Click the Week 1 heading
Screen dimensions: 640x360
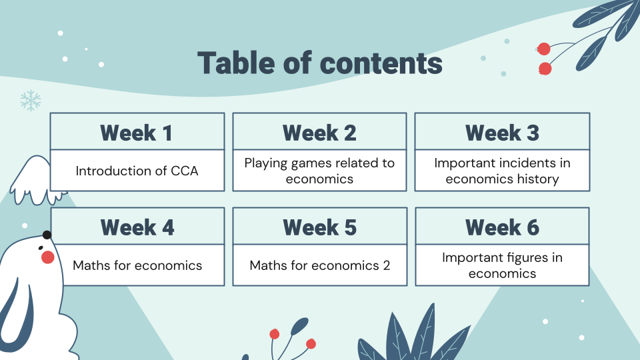tap(136, 133)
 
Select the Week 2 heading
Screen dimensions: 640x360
tap(319, 133)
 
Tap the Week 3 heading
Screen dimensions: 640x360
tap(502, 133)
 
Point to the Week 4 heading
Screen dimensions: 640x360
tap(137, 227)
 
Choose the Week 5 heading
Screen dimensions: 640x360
tap(319, 227)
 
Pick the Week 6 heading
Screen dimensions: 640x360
tap(502, 227)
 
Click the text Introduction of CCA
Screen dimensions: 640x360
tap(137, 171)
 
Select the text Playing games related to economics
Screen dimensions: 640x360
tap(319, 171)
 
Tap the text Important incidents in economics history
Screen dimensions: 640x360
tap(502, 171)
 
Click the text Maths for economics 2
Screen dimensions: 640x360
tap(319, 265)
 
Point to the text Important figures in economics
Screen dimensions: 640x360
tap(502, 265)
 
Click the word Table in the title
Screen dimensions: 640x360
tap(235, 63)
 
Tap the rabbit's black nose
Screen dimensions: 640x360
tap(47, 235)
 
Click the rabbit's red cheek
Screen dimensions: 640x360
tap(48, 257)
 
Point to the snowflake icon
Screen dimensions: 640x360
tap(31, 101)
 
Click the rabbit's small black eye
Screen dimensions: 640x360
tap(41, 248)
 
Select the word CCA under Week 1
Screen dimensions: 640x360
tap(184, 171)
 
